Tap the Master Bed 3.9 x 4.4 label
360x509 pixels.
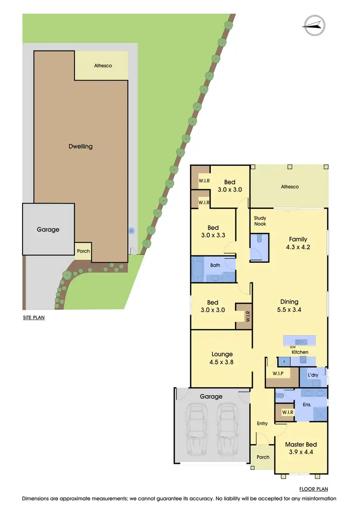point(300,448)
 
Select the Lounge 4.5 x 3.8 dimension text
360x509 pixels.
point(221,359)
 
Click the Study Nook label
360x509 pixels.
point(260,221)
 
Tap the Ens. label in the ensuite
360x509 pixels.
point(308,404)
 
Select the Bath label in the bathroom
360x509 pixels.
point(215,265)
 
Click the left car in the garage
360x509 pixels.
point(196,428)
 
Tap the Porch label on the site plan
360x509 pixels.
point(83,251)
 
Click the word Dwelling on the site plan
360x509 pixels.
point(80,146)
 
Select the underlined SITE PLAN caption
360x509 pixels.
point(34,317)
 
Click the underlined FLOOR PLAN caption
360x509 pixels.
point(313,489)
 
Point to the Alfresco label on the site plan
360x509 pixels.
point(101,65)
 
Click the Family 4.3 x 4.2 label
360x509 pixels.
point(298,243)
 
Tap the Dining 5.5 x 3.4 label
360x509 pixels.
point(289,306)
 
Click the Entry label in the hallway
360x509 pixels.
point(262,423)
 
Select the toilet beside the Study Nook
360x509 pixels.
point(259,239)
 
